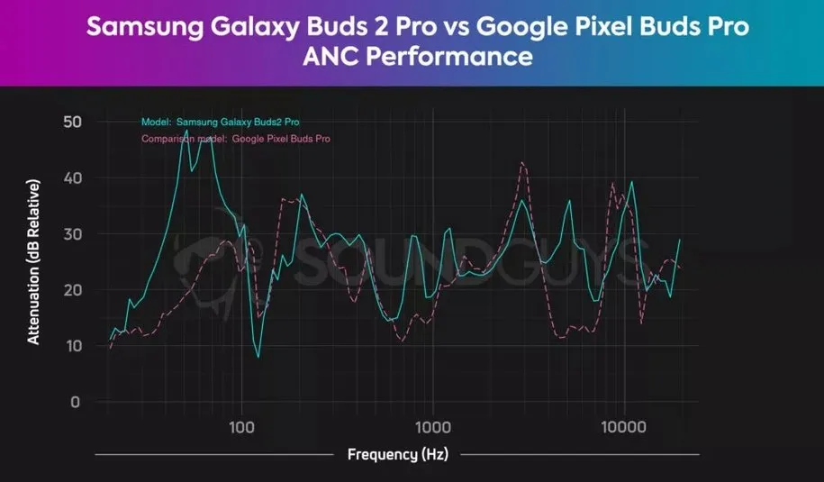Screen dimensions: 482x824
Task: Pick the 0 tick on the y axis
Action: pos(75,402)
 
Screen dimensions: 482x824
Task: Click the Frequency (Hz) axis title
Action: pos(397,454)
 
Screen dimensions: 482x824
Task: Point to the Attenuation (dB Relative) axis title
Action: pos(33,262)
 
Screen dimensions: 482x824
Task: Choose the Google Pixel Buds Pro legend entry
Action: pos(236,140)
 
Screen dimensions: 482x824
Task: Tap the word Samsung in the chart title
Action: pos(132,28)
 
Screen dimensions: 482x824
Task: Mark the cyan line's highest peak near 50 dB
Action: pos(186,131)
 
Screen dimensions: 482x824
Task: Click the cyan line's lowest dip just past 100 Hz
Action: pos(258,357)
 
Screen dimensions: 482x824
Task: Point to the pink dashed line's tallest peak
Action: pos(522,162)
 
